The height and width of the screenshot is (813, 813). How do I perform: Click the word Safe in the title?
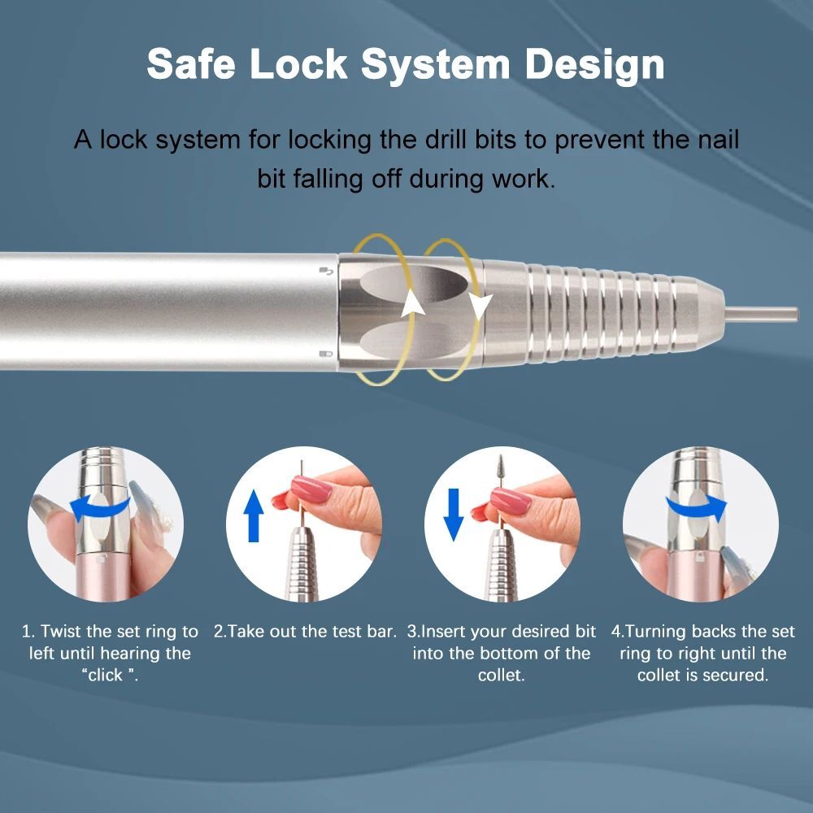191,63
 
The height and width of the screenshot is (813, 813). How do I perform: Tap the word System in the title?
436,65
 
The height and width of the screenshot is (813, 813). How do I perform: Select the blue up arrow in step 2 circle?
254,516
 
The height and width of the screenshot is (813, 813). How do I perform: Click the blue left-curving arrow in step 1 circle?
98,506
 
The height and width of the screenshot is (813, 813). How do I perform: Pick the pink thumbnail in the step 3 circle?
511,500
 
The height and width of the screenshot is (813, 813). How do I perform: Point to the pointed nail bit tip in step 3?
502,457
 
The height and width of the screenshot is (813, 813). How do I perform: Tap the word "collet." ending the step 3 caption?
501,675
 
